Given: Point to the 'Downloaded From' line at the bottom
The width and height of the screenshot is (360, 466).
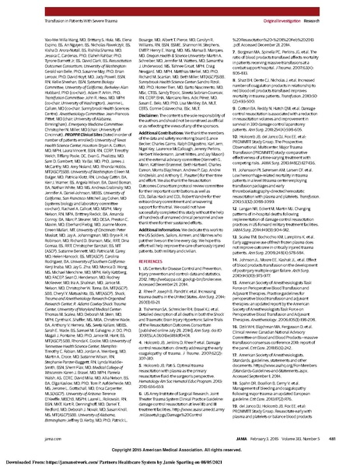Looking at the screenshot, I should pyautogui.click(x=180, y=459).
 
